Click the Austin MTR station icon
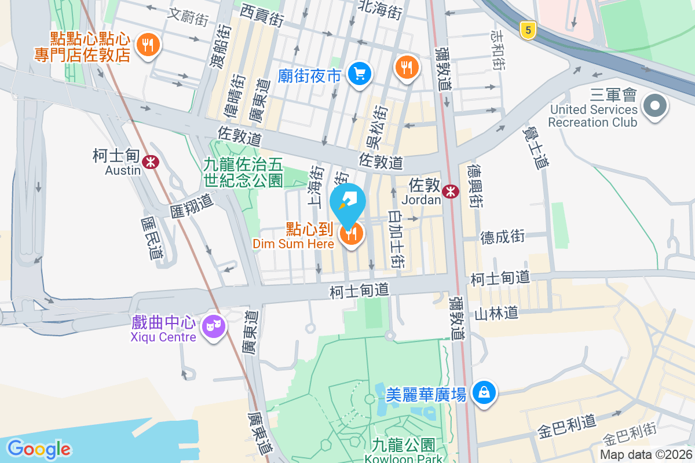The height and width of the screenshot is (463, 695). [152, 162]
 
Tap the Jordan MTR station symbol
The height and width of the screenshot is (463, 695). [449, 191]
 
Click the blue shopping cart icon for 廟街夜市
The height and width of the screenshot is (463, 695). [360, 74]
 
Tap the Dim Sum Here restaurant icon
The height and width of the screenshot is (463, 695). [351, 234]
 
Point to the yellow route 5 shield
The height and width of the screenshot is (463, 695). [526, 30]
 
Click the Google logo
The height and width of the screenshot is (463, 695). [39, 449]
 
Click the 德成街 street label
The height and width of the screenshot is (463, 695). [502, 237]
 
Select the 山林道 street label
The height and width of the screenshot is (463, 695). [496, 314]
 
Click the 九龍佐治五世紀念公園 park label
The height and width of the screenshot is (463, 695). [243, 172]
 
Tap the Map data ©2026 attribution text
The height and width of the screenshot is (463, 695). [646, 455]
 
